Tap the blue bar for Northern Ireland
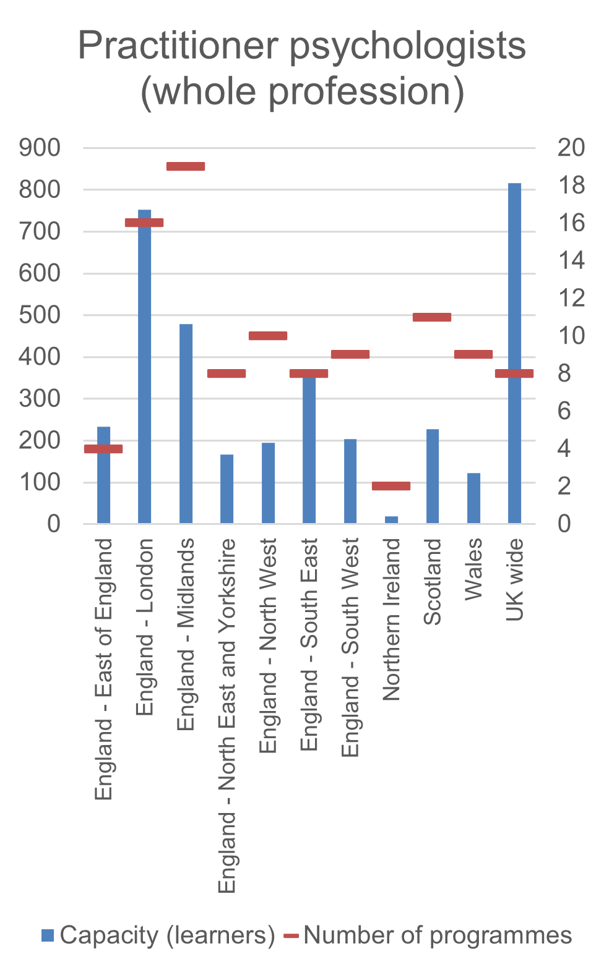(391, 519)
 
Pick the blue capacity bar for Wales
(473, 498)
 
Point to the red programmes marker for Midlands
(186, 166)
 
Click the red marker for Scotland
(432, 317)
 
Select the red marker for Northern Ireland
(391, 486)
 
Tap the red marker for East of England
(103, 449)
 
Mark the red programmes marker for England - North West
(268, 336)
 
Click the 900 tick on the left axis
(40, 148)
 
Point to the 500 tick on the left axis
(40, 315)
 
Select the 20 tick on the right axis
(571, 148)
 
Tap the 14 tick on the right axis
(571, 260)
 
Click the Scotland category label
(433, 582)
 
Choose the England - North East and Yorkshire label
(227, 716)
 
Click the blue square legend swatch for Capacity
(48, 935)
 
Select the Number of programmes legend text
(438, 935)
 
